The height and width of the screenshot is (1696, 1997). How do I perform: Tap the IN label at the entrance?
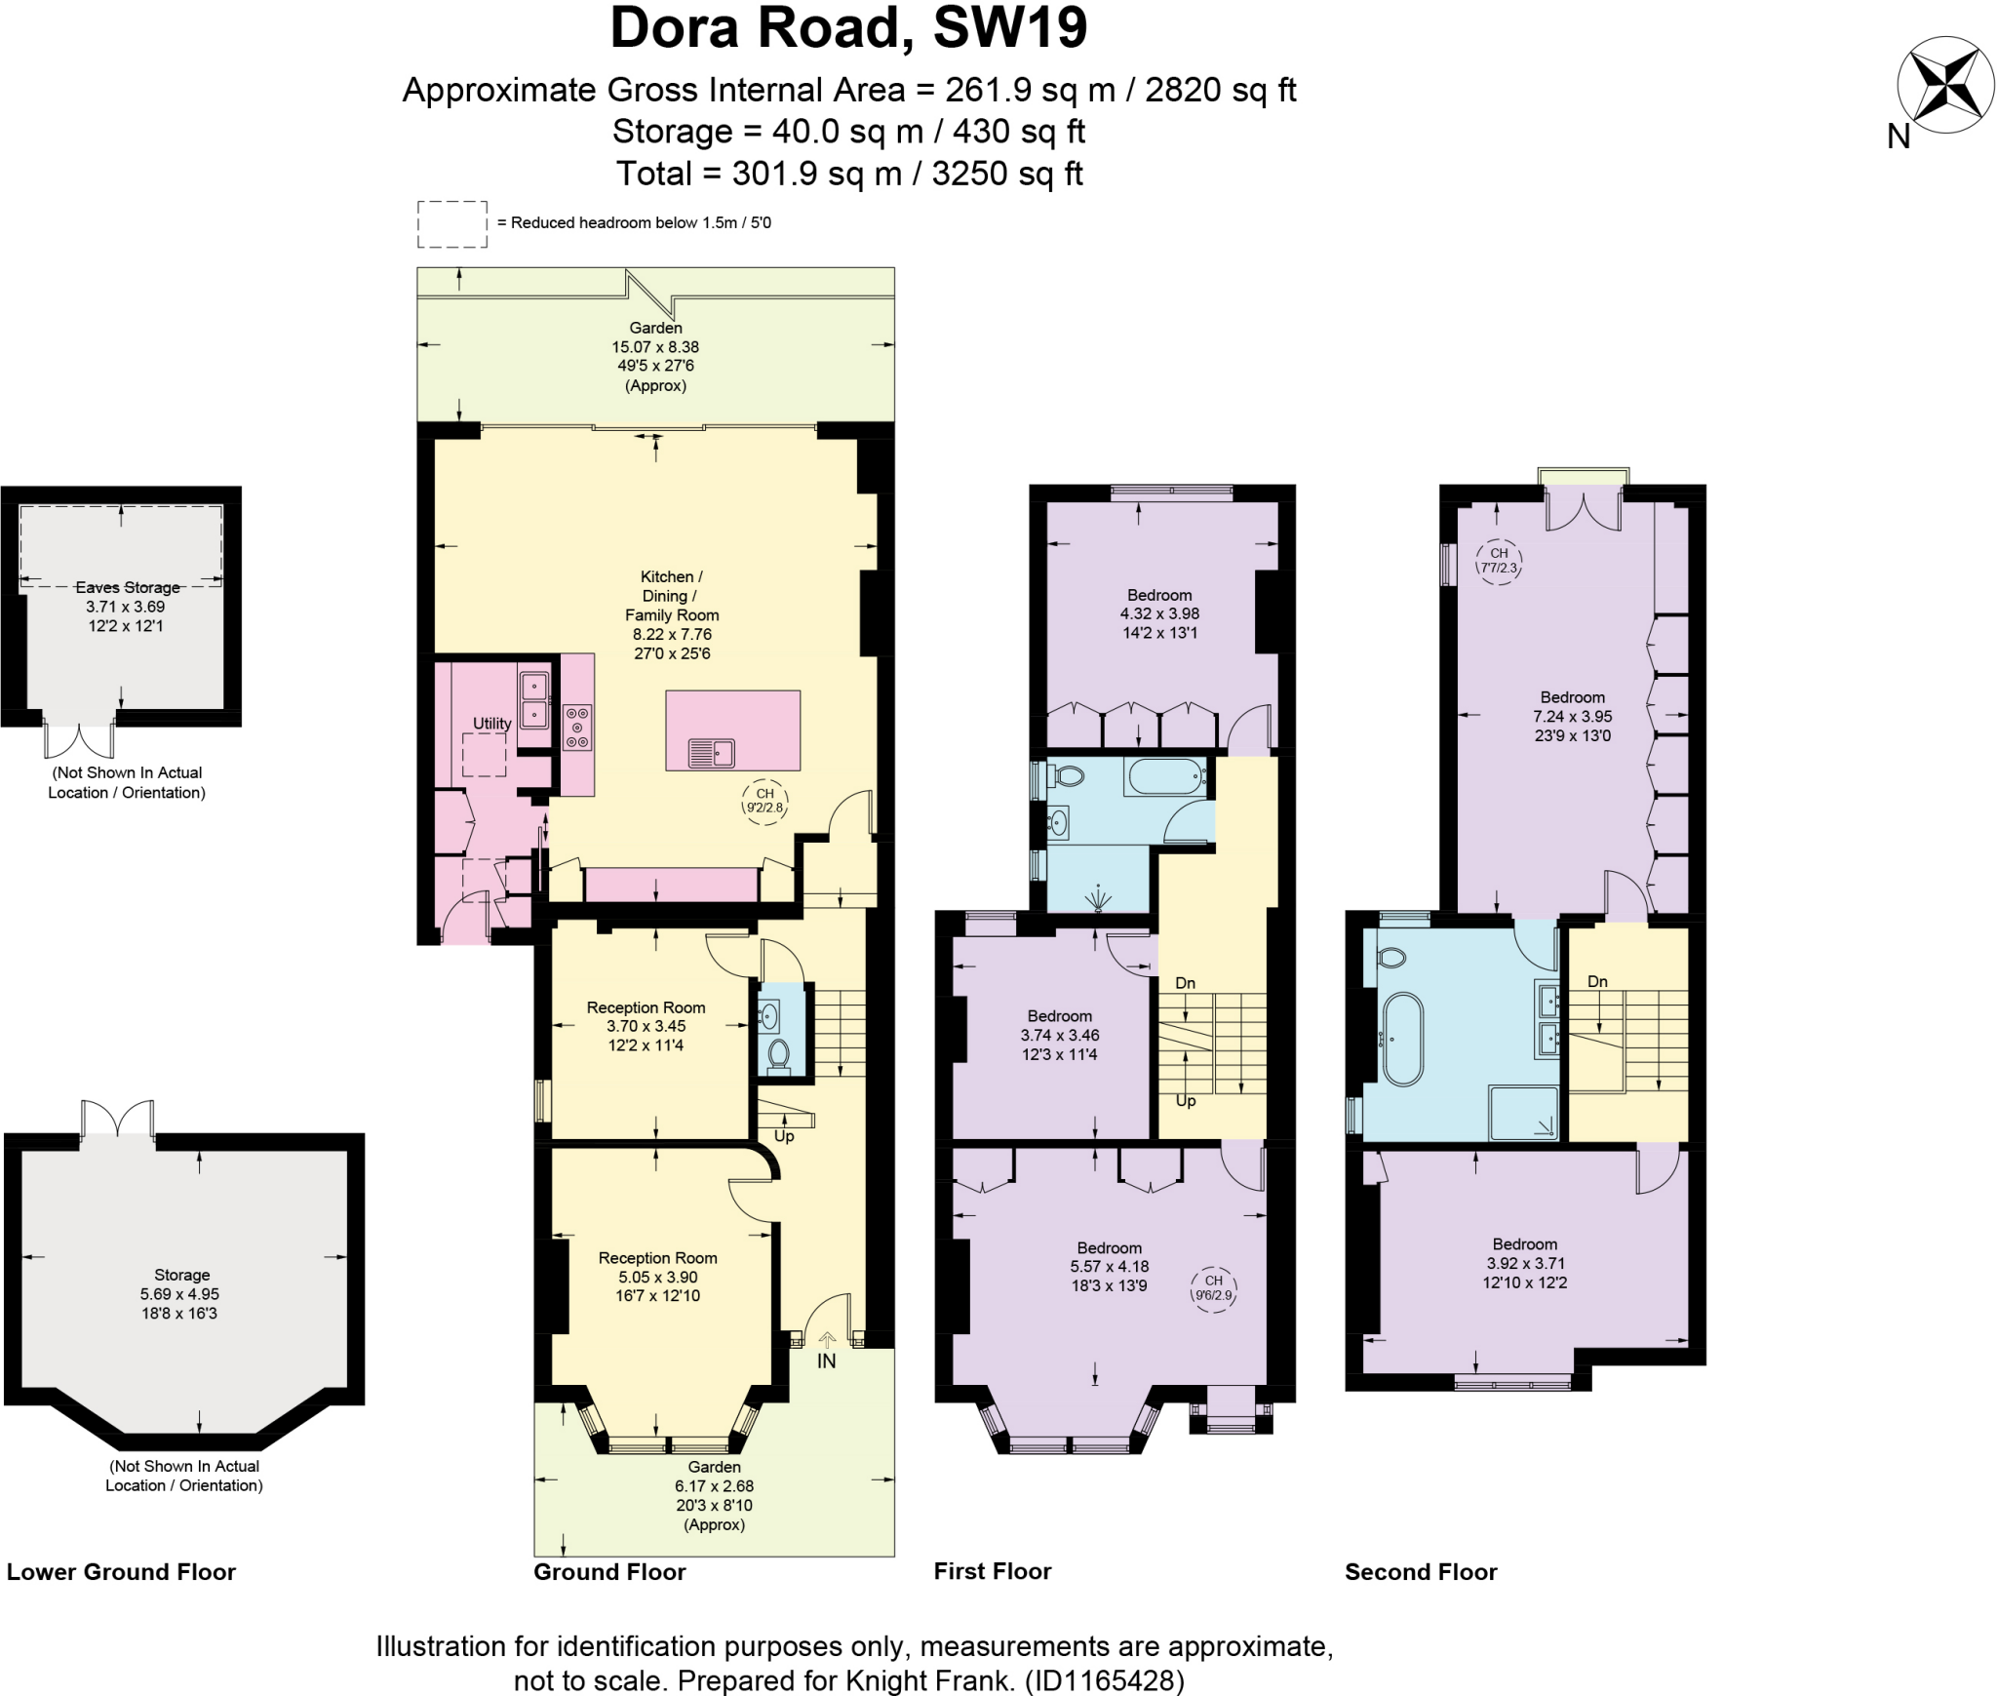coord(826,1361)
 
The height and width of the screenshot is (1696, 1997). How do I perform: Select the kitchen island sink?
coord(712,753)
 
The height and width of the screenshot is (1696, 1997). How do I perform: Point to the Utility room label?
coord(491,724)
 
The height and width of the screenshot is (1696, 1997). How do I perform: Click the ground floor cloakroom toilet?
coord(778,1053)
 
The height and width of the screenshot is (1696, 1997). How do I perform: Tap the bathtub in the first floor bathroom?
coord(1165,777)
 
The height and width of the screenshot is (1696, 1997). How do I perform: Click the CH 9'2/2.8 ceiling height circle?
coord(764,802)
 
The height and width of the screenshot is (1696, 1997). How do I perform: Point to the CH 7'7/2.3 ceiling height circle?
coord(1499,561)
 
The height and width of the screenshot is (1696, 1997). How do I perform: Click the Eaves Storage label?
coord(128,587)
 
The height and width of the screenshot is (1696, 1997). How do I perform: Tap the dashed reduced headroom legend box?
coord(452,224)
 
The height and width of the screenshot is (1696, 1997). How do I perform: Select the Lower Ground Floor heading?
coord(121,1572)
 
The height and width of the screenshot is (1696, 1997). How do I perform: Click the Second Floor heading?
coord(1421,1572)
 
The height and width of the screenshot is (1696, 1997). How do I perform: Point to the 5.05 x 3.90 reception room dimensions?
coord(657,1277)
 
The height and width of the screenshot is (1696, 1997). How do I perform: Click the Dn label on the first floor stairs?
coord(1185,983)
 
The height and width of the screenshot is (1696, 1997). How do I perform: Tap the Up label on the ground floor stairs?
coord(784,1136)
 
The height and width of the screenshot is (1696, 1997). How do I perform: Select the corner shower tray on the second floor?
coord(1523,1112)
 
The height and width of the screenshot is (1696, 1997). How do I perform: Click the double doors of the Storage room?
coord(117,1119)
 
